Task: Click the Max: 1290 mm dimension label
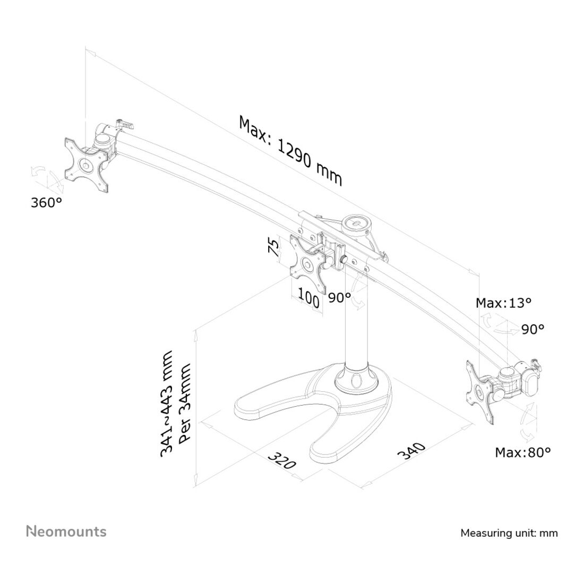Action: pyautogui.click(x=290, y=151)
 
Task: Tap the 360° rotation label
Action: pyautogui.click(x=46, y=203)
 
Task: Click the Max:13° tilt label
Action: pyautogui.click(x=503, y=303)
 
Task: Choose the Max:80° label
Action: pyautogui.click(x=522, y=452)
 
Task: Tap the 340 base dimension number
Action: pyautogui.click(x=411, y=451)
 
